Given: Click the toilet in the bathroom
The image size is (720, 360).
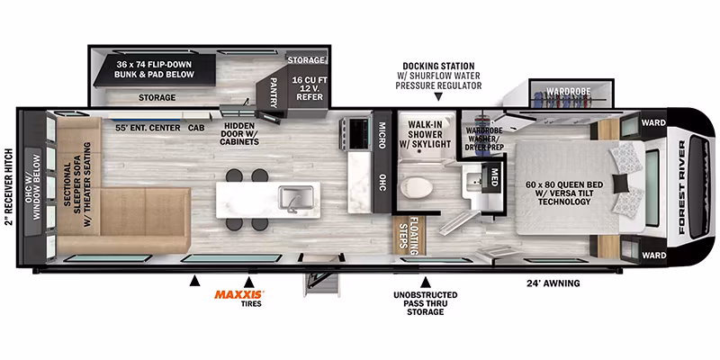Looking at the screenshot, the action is coord(417,187).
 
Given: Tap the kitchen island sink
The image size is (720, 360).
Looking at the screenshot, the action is coord(296,198).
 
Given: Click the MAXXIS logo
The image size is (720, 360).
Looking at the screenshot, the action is coord(238,295).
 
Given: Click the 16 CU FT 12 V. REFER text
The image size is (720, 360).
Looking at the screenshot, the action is coord(308,88).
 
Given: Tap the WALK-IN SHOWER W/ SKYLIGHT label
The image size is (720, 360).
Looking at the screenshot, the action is coord(426,134).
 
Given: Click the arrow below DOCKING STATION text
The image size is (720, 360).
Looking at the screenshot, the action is coord(438,97).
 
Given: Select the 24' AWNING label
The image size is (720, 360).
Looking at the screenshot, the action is coord(553,283).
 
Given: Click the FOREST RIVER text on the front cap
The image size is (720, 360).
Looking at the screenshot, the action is coord(682,187).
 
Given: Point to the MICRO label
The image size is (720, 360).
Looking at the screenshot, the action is coord(382,135).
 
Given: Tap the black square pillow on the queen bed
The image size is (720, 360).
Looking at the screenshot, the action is coord(620,184).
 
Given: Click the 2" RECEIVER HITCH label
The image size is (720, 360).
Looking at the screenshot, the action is coord(8,187).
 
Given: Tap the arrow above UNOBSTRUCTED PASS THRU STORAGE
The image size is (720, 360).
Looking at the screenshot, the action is coord(426,282).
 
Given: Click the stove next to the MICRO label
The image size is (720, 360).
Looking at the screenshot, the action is coord(355,132).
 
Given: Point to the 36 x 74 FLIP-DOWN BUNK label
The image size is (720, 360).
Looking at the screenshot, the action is coord(154,69).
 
